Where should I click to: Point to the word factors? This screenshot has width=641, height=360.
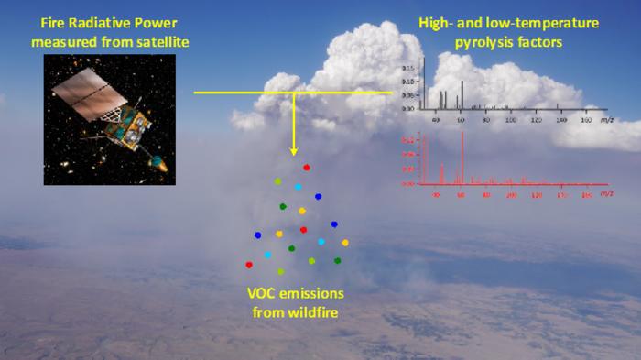click(534, 41)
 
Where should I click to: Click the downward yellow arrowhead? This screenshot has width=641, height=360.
click(294, 148)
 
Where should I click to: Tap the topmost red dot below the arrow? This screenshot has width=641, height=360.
click(307, 168)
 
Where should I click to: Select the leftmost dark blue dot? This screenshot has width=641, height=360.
click(257, 235)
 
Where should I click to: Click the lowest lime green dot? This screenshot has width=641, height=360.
click(281, 271)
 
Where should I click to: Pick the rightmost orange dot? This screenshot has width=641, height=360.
click(345, 243)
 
